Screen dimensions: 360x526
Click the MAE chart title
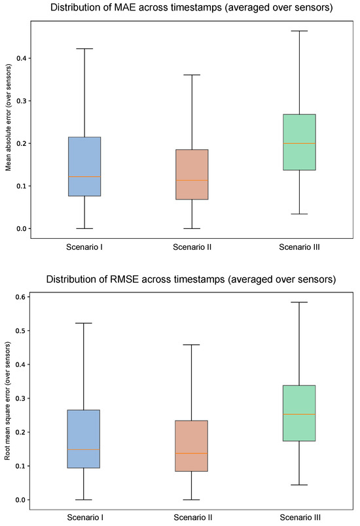(x=191, y=7)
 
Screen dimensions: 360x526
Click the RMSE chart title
(x=191, y=279)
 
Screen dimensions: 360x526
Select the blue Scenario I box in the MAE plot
(x=84, y=166)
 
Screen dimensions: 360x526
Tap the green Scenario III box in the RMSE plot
(x=299, y=413)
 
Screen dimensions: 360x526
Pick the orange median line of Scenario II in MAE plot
(x=192, y=181)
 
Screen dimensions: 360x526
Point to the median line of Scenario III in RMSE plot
(x=299, y=414)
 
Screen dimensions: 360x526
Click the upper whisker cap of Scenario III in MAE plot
(x=299, y=31)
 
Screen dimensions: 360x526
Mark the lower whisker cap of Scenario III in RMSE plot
(x=299, y=485)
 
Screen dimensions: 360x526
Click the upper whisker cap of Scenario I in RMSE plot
(x=84, y=323)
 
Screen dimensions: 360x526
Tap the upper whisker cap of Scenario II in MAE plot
(x=192, y=75)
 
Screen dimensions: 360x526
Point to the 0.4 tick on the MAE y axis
(x=29, y=58)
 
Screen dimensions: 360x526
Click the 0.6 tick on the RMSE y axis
(x=28, y=297)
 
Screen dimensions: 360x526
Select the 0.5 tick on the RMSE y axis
(x=28, y=331)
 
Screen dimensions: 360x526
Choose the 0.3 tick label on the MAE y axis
(x=22, y=101)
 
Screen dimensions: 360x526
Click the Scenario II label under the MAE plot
(x=192, y=247)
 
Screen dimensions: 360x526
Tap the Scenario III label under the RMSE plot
(x=300, y=517)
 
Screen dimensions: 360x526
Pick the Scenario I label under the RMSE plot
(x=85, y=517)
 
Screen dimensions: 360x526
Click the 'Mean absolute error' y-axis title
(x=9, y=117)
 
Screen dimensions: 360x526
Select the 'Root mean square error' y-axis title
(x=7, y=400)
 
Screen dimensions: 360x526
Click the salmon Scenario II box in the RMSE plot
(x=192, y=446)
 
